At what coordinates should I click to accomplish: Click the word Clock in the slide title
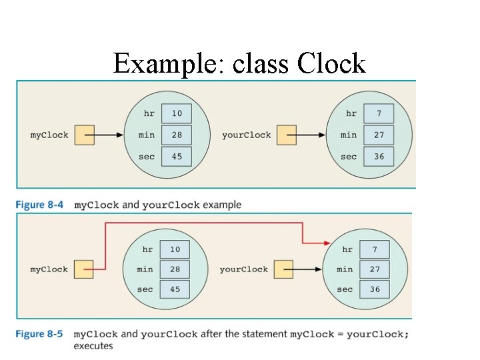tap(331, 64)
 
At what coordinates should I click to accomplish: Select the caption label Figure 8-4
tap(39, 205)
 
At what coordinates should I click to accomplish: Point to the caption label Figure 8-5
tap(39, 334)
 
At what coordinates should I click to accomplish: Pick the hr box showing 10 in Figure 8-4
tap(176, 113)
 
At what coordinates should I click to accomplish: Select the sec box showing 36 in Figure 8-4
tap(379, 157)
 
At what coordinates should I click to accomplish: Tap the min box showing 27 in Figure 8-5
tap(374, 269)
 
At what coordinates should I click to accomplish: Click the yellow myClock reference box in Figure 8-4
tap(84, 135)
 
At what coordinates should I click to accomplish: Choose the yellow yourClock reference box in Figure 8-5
tap(283, 269)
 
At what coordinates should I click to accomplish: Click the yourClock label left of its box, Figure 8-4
tap(246, 135)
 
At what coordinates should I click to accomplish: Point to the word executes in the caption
tap(93, 346)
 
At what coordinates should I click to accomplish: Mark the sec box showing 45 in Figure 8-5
tap(174, 289)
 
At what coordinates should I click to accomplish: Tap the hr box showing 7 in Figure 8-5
tap(374, 249)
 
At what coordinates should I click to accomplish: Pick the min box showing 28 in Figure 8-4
tap(176, 135)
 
